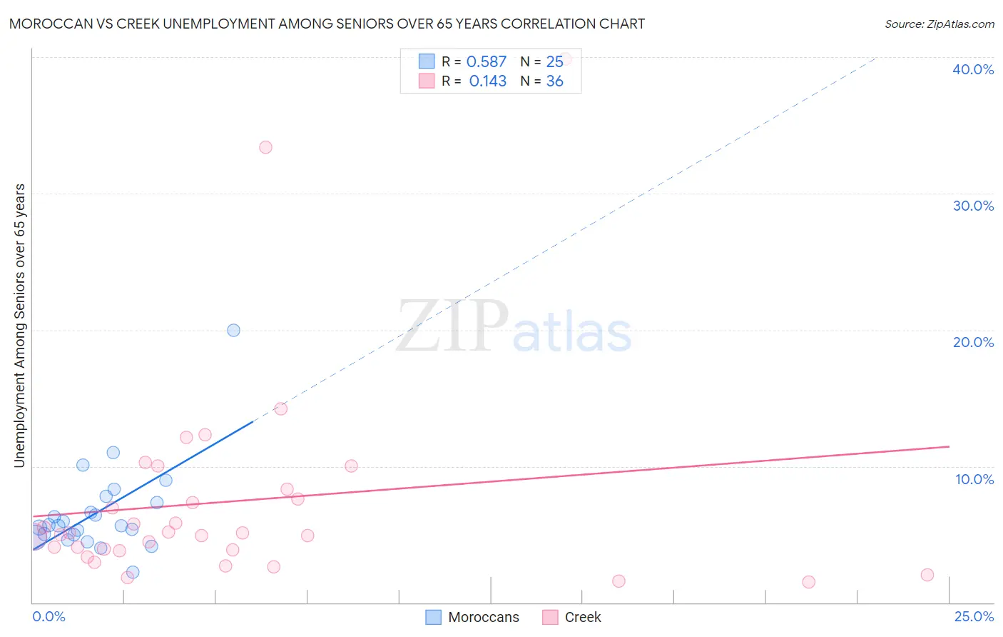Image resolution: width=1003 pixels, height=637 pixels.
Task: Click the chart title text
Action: coord(327,24)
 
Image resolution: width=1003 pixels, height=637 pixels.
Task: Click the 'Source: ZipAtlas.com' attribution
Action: coord(939,24)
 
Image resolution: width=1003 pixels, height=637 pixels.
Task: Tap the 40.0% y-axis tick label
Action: coord(973,69)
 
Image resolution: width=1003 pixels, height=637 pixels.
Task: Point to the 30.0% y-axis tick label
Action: coord(973,206)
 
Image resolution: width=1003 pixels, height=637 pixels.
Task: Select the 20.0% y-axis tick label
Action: coord(973,342)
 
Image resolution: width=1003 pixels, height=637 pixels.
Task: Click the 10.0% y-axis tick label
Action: coord(974,479)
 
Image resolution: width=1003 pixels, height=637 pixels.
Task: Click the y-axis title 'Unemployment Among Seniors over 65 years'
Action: coord(19,326)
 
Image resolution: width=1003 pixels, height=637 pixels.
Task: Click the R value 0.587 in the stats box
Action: coord(487,62)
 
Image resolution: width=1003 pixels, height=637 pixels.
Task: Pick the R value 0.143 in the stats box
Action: coord(487,81)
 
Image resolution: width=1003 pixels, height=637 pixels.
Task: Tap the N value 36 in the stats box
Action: coord(554,81)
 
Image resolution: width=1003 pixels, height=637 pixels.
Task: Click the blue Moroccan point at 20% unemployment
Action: coord(233,330)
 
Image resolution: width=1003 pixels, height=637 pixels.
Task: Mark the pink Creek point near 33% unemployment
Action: coord(265,147)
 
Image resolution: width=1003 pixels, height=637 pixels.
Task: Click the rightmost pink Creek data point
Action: coord(927,575)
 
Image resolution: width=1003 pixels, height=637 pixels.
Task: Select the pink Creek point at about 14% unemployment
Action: coord(281,408)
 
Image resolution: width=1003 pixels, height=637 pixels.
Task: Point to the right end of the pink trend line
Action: coord(949,446)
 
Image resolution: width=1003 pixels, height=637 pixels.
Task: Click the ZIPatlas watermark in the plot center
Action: coord(514,327)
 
